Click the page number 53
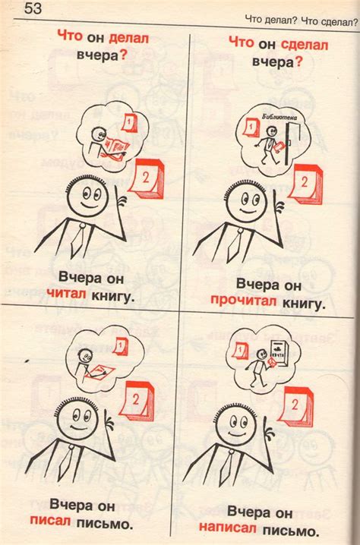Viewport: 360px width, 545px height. (33, 8)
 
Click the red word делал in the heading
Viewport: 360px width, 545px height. (128, 38)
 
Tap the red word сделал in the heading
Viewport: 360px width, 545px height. (304, 45)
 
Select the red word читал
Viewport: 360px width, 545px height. (66, 293)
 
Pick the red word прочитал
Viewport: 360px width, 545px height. (243, 300)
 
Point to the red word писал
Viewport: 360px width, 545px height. (50, 520)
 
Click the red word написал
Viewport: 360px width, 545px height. (228, 528)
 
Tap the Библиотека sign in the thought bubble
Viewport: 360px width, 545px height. (279, 117)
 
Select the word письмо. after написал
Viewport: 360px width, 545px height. (290, 531)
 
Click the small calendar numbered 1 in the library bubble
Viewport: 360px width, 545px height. (251, 128)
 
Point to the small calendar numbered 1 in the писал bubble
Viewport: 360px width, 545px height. (120, 347)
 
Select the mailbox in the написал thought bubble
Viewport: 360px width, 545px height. (279, 353)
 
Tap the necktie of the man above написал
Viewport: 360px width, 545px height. (227, 467)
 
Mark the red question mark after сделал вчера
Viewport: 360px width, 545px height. (298, 62)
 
